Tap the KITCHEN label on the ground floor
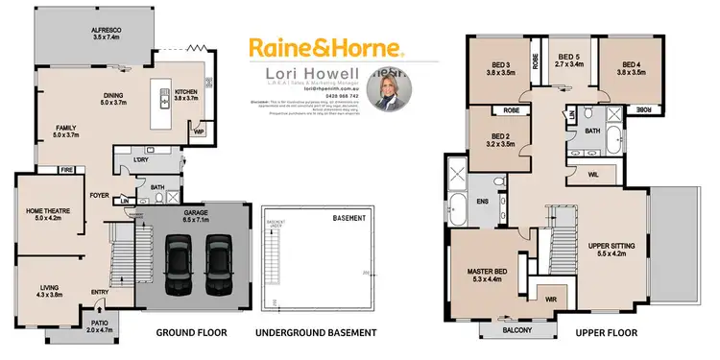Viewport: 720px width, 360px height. pyautogui.click(x=186, y=93)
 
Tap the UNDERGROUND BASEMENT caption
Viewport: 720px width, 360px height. pyautogui.click(x=315, y=333)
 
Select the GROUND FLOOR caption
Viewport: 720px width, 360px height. pyautogui.click(x=191, y=333)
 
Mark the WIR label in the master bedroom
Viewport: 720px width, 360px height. pyautogui.click(x=550, y=299)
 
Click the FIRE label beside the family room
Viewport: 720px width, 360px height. pyautogui.click(x=66, y=170)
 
